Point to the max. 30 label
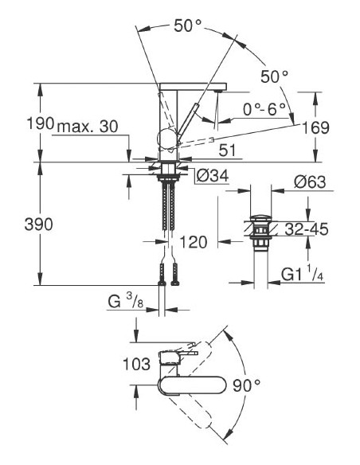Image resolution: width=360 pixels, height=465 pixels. (x=86, y=123)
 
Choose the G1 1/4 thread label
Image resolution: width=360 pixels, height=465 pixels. (x=303, y=275)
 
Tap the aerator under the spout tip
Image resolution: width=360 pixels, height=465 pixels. (x=216, y=93)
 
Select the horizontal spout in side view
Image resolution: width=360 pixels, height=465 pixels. (x=191, y=86)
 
